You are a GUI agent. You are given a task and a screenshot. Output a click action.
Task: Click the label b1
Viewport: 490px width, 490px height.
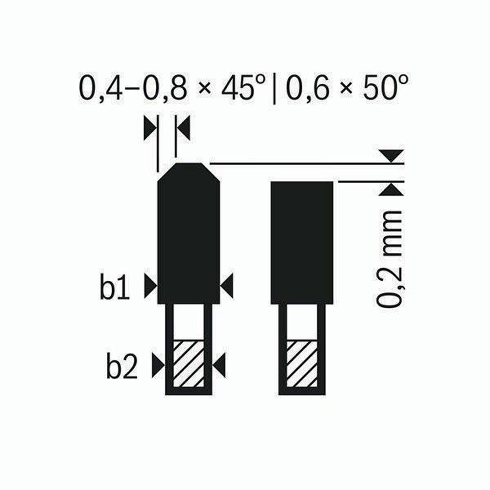point(114,286)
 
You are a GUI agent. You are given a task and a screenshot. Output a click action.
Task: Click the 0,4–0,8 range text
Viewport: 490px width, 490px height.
point(133,89)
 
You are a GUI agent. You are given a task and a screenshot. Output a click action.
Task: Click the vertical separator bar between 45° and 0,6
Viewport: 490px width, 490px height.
point(274,89)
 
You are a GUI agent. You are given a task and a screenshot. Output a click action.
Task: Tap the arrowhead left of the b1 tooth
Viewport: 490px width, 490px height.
point(150,286)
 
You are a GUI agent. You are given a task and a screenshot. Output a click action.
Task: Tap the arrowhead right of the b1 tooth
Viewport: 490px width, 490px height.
point(227,286)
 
